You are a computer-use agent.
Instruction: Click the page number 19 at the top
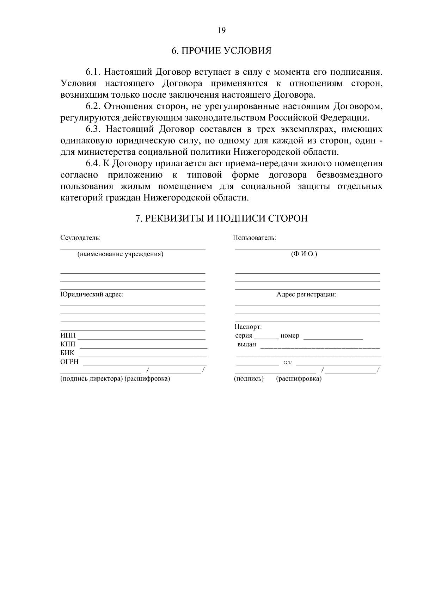click(x=221, y=30)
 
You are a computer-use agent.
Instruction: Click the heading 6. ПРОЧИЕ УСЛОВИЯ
click(x=221, y=51)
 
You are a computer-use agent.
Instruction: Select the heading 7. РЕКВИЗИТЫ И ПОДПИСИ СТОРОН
click(x=221, y=218)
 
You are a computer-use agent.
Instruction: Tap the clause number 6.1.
click(x=93, y=72)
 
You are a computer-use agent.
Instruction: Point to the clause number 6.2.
click(x=93, y=106)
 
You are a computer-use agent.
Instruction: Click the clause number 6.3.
click(x=93, y=129)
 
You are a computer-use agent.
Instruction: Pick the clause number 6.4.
click(x=93, y=164)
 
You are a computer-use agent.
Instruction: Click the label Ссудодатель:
click(x=80, y=238)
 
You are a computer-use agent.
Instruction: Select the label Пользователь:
click(x=254, y=238)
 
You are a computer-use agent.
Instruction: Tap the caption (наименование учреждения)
click(x=120, y=254)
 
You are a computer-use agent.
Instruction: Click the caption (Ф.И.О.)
click(x=304, y=254)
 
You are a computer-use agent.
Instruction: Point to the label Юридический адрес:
click(x=92, y=295)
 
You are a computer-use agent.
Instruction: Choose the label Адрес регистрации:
click(x=306, y=295)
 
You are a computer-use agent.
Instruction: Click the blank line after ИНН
click(x=141, y=338)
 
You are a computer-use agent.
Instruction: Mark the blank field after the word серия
click(x=266, y=337)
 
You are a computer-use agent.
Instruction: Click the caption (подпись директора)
click(x=92, y=379)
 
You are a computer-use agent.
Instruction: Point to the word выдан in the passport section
click(x=246, y=345)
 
